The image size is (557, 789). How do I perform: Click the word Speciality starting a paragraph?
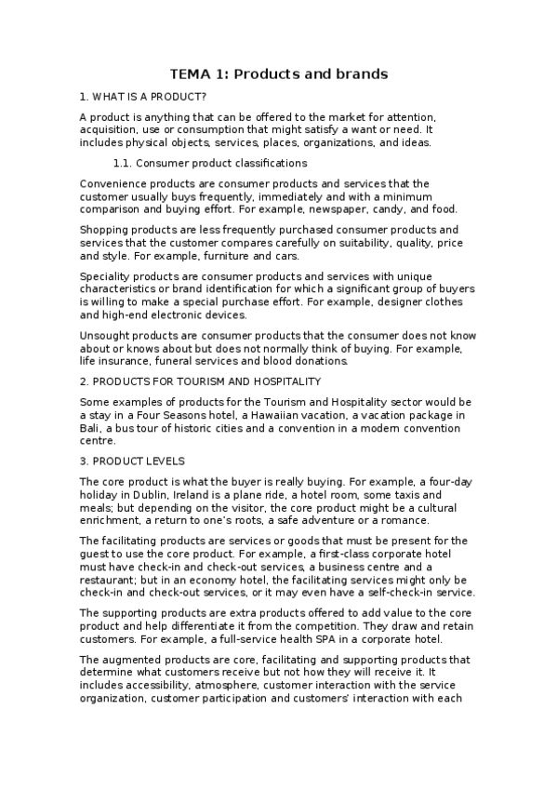pyautogui.click(x=109, y=275)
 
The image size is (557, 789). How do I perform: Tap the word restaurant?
pyautogui.click(x=113, y=580)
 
